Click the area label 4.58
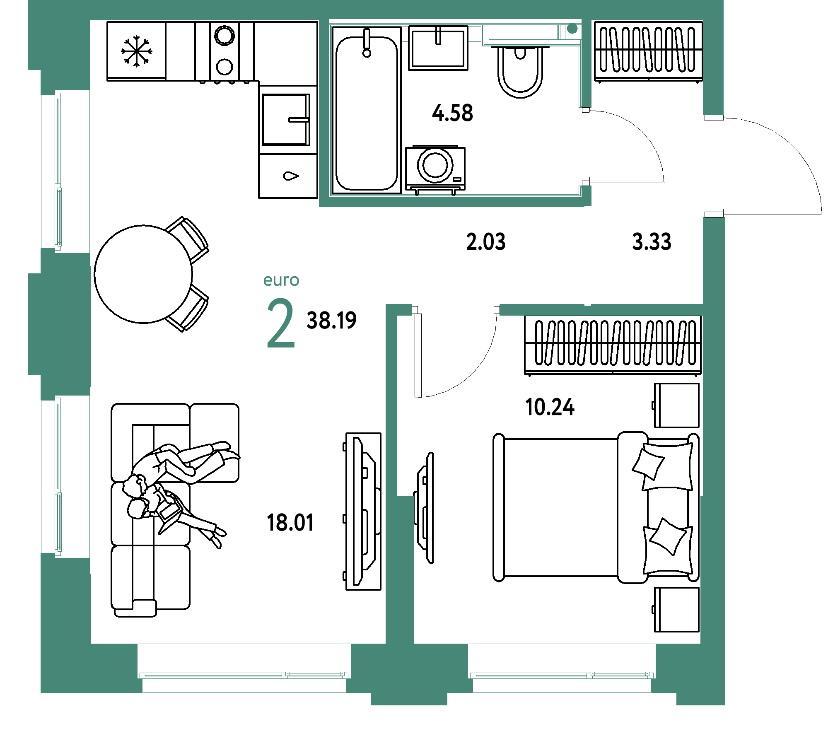coord(452,113)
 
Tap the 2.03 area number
coord(486,242)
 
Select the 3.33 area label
coord(652,242)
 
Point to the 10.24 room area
coord(550,407)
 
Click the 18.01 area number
coord(291,522)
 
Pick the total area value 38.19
coord(331,320)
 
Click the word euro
coord(281,280)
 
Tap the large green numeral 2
coord(280,323)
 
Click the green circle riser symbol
coord(572,29)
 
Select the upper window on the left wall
coord(58,171)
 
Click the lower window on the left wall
coord(58,476)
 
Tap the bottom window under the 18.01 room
coord(244,675)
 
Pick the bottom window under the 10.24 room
coord(562,675)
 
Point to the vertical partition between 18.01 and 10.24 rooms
coord(391,476)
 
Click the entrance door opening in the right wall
coord(714,166)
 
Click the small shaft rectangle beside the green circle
coord(523,32)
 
